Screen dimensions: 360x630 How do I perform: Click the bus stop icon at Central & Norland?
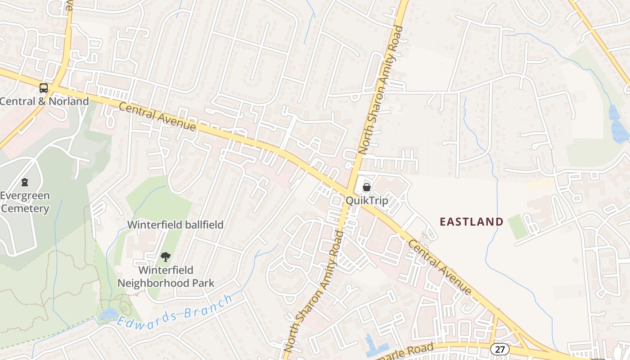coord(44,88)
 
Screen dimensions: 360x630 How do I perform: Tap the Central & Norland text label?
coord(44,101)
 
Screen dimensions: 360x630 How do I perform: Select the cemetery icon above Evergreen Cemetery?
coord(25,182)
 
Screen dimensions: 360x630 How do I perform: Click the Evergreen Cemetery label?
coord(25,202)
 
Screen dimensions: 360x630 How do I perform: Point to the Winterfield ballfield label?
coord(175,225)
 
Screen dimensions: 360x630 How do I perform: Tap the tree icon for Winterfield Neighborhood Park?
coord(166,257)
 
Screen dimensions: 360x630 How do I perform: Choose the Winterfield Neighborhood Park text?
coord(166,276)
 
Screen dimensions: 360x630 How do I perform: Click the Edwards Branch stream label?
coord(175,310)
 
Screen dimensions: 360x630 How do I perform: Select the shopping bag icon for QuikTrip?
coord(367,187)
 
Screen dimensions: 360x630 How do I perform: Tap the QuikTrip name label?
coord(367,200)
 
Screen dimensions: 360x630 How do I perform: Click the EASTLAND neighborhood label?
coord(471,221)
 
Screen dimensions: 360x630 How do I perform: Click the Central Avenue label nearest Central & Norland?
coord(157,117)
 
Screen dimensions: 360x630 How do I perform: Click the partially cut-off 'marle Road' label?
coord(407,351)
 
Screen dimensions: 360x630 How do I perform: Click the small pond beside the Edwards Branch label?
coord(109,313)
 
